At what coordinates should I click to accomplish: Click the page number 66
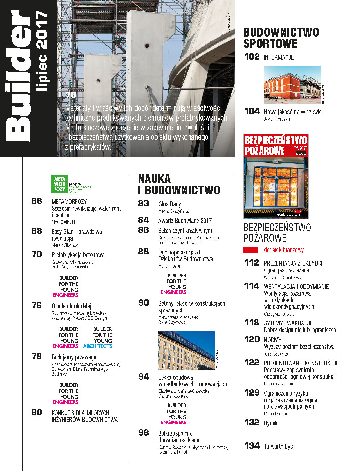[37, 201]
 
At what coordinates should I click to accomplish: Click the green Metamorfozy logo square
[59, 184]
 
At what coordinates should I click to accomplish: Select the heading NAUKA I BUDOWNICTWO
[179, 184]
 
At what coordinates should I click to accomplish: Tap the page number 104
[252, 111]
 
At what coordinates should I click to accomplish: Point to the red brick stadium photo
[292, 85]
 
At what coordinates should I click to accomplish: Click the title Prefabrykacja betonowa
[78, 255]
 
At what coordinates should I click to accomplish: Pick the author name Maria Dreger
[275, 414]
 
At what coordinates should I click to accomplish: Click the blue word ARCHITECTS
[97, 346]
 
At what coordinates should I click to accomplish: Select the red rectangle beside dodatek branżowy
[251, 250]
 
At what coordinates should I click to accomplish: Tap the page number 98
[144, 433]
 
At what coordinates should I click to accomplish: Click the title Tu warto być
[278, 446]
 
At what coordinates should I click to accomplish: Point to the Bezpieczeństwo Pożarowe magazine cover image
[276, 176]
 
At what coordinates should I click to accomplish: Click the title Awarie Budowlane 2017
[185, 221]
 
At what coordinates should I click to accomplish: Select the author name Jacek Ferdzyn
[276, 119]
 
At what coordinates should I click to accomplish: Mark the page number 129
[252, 393]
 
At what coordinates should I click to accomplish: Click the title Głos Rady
[170, 204]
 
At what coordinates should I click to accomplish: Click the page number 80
[37, 412]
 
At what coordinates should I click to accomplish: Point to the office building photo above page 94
[187, 350]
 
